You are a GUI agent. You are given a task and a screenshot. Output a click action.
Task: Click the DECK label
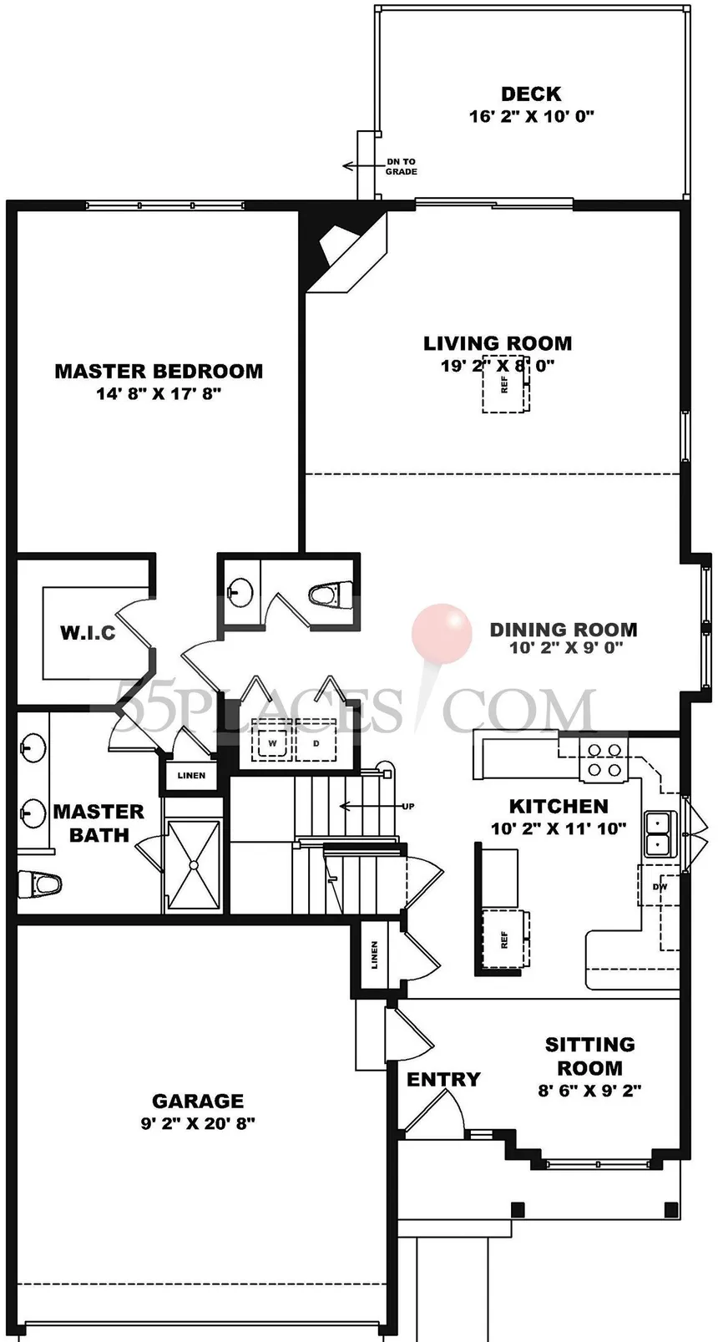pos(531,94)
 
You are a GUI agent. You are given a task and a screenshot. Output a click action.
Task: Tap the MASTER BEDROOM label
pos(159,371)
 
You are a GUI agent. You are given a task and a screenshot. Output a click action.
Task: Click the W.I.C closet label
pos(88,633)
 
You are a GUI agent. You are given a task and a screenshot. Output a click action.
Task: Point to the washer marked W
pos(272,743)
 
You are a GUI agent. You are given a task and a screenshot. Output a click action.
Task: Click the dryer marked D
pos(316,743)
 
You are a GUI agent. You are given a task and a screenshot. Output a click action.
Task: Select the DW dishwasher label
pos(660,887)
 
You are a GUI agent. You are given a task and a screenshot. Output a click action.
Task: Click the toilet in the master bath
pos(39,884)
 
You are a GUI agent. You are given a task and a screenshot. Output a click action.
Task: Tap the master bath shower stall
pos(194,865)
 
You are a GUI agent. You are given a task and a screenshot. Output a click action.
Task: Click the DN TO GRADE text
pos(401,166)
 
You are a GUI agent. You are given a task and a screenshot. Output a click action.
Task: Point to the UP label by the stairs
pos(407,807)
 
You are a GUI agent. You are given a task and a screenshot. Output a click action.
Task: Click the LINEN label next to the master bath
pos(192,775)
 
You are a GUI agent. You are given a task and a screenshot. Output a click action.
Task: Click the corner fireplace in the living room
pos(344,251)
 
